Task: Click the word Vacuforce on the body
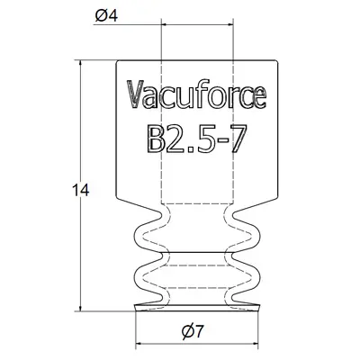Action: pyautogui.click(x=195, y=94)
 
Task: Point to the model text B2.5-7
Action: pyautogui.click(x=195, y=137)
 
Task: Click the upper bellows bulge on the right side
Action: pyautogui.click(x=255, y=237)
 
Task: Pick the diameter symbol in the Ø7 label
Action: pyautogui.click(x=186, y=331)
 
